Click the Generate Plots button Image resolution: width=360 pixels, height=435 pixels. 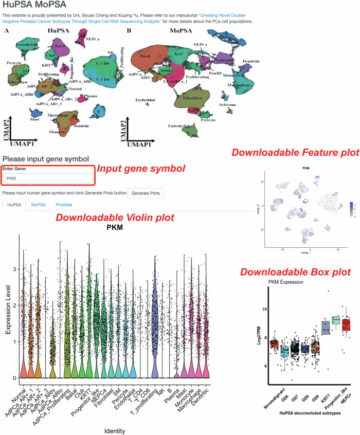(x=145, y=193)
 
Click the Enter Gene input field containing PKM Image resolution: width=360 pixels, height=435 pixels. (x=48, y=178)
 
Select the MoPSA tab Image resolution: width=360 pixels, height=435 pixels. (x=38, y=205)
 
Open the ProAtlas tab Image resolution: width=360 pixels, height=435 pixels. (x=65, y=205)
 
